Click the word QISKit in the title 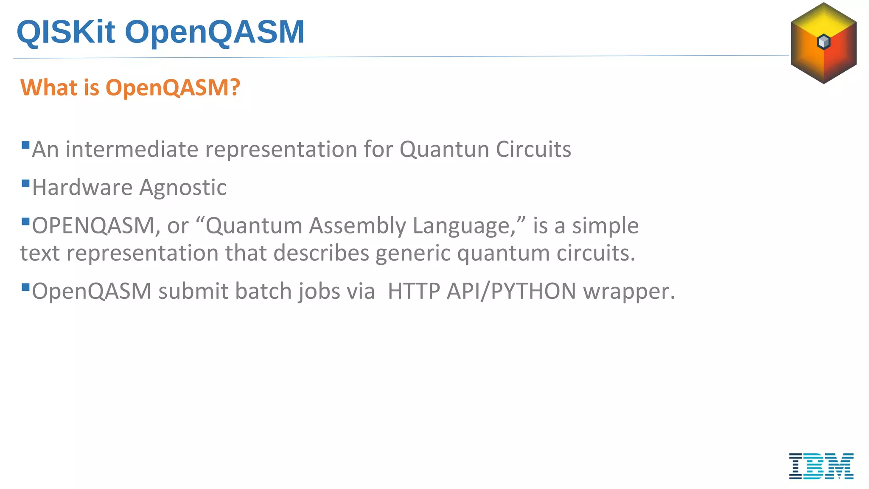66,32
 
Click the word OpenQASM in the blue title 214,32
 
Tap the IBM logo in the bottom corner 821,466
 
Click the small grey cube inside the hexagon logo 824,42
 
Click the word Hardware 82,188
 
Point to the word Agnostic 183,188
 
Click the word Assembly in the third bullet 357,225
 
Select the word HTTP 414,291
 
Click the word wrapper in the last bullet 628,291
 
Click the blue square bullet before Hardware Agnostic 25,183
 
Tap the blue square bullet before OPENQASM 25,222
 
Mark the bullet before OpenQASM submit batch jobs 25,287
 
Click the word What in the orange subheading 49,88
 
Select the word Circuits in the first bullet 533,149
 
